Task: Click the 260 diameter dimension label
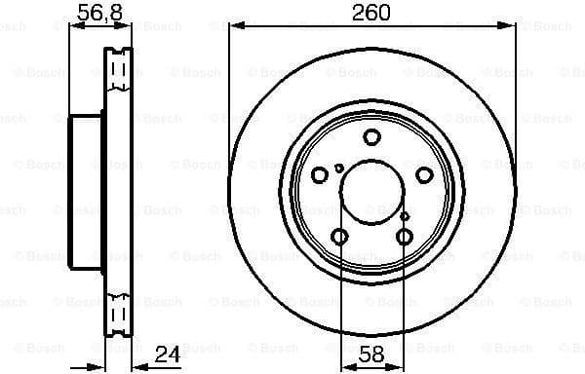pos(370,13)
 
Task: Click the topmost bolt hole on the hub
pos(371,137)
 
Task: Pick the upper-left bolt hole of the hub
pos(320,175)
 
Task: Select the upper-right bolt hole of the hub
pos(424,175)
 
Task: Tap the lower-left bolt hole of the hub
pos(339,237)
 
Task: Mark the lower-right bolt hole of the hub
pos(405,237)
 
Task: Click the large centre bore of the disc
pos(371,192)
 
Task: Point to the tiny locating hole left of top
pos(338,168)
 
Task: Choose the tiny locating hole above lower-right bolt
pos(405,215)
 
